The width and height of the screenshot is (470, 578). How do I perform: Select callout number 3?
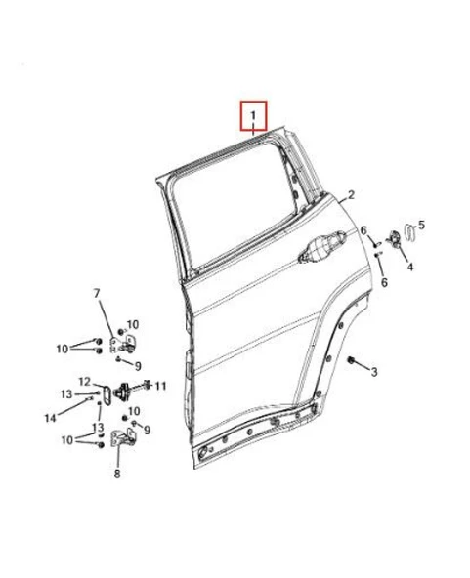(373, 371)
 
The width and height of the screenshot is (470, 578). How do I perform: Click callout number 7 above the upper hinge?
(97, 294)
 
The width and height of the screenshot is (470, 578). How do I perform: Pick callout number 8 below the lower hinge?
(117, 475)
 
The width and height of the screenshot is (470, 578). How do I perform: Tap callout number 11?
(161, 386)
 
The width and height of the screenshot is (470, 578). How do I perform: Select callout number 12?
(85, 382)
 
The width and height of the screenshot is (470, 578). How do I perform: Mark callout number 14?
(51, 418)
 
